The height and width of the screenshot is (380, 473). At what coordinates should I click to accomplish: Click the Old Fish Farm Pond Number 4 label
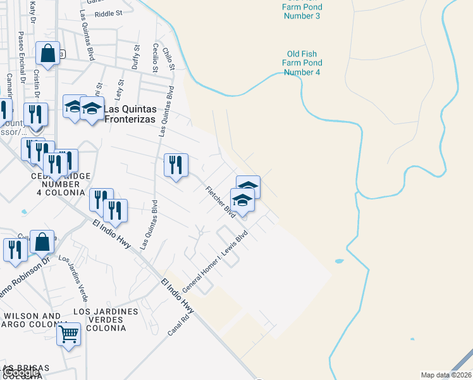click(x=302, y=63)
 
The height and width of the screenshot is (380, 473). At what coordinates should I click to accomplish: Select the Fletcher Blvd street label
click(x=220, y=201)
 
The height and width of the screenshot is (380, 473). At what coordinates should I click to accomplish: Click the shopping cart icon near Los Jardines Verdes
click(x=68, y=333)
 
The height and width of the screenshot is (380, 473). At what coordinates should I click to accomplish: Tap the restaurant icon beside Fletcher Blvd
click(x=176, y=165)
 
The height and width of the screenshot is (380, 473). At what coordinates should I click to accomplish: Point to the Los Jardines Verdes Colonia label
click(x=106, y=320)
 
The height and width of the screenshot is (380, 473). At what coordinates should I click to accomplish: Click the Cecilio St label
click(x=154, y=58)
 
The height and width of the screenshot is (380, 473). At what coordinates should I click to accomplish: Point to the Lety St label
click(x=119, y=91)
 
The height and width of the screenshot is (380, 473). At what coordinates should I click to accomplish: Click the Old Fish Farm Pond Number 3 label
click(x=302, y=8)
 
